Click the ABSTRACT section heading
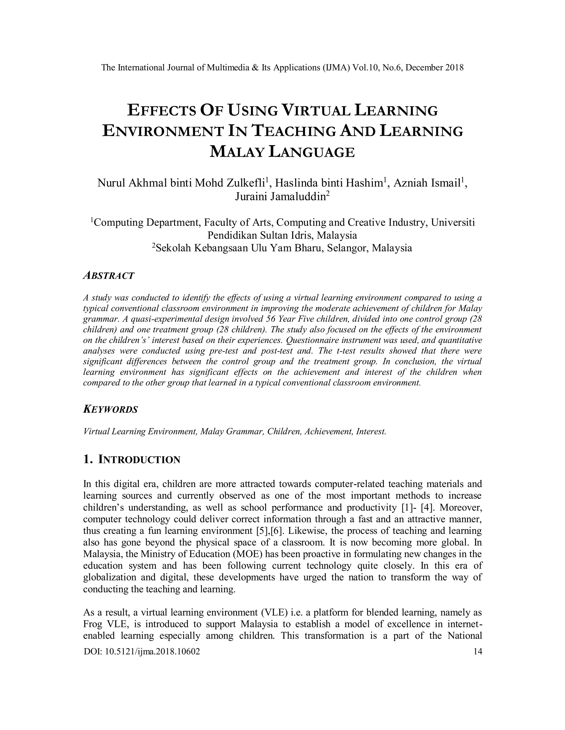[x=108, y=276]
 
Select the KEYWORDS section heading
[x=110, y=409]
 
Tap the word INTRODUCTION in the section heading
[x=139, y=460]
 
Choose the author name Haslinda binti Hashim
[x=329, y=183]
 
